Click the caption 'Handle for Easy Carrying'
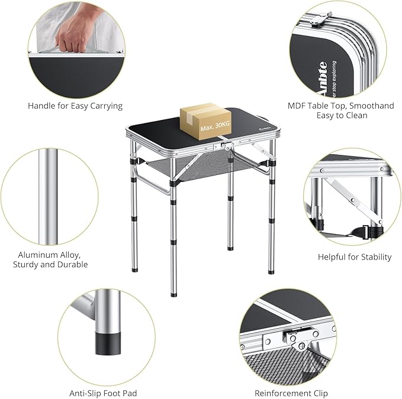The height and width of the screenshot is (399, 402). click(x=75, y=106)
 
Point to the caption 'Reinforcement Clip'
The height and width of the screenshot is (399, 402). click(x=291, y=392)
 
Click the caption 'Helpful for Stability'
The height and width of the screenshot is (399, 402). click(x=355, y=257)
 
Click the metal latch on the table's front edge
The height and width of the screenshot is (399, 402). click(x=224, y=145)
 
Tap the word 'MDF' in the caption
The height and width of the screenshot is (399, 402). click(x=297, y=106)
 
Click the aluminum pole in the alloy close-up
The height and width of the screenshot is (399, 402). click(x=47, y=195)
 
